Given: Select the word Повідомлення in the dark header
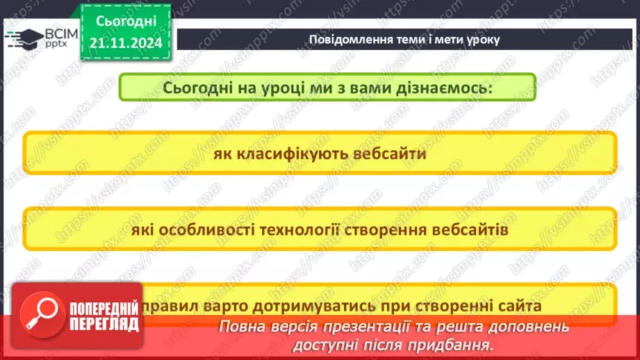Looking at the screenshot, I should click(345, 39).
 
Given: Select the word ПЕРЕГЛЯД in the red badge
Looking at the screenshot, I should click(104, 324).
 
